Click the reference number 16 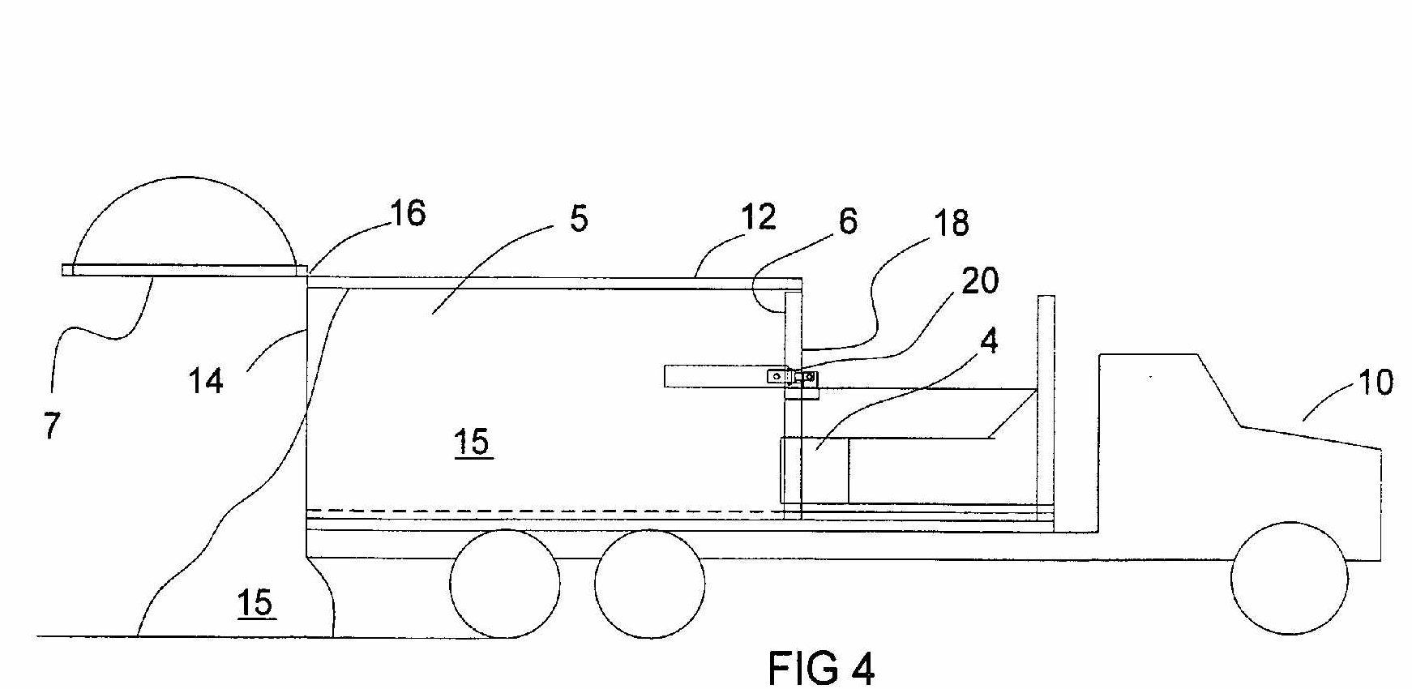(x=408, y=213)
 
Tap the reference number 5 (x=579, y=219)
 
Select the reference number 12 (x=758, y=216)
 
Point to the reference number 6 (x=848, y=220)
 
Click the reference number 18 (x=952, y=223)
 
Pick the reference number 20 (x=980, y=280)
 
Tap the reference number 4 (x=989, y=341)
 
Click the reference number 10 (x=1375, y=382)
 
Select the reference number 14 (x=205, y=380)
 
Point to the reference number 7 (x=52, y=426)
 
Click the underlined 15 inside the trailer (x=472, y=443)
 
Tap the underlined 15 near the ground (x=255, y=604)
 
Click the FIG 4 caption (x=821, y=669)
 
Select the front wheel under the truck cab (x=1289, y=578)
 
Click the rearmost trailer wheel (x=504, y=584)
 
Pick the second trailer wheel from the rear (x=649, y=584)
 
